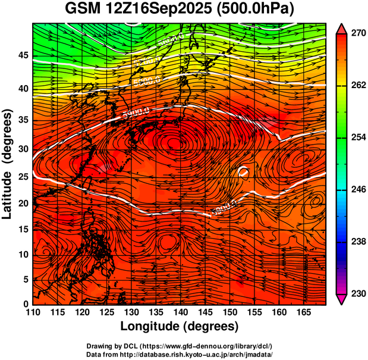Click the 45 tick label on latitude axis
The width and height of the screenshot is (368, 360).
23,55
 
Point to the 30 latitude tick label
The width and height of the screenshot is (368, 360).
23,149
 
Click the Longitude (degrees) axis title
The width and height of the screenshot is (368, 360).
180,327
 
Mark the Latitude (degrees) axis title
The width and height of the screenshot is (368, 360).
8,164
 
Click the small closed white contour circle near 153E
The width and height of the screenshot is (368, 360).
243,172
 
